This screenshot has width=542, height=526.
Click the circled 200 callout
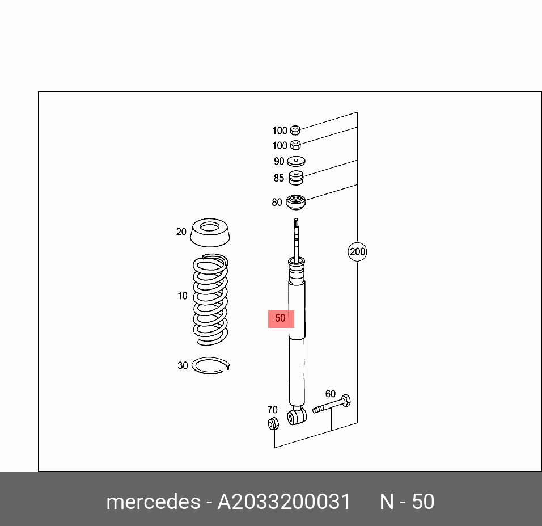click(x=357, y=251)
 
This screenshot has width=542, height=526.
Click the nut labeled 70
click(x=273, y=423)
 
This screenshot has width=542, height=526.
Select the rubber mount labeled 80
click(x=296, y=203)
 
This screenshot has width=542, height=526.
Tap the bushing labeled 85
click(x=296, y=178)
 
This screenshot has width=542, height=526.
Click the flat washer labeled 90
click(x=297, y=161)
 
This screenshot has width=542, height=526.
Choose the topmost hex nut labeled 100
click(x=295, y=131)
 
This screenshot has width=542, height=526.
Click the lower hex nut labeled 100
click(x=295, y=145)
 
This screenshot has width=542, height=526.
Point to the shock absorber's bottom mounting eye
click(x=297, y=416)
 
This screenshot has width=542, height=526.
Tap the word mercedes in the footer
click(x=153, y=502)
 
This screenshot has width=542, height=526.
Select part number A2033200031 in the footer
click(x=284, y=502)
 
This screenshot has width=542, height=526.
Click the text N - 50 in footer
click(x=407, y=502)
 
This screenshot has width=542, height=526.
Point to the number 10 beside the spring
click(x=182, y=296)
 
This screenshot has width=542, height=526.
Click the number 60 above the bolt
click(x=330, y=394)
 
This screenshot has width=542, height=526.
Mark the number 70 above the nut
click(x=272, y=410)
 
